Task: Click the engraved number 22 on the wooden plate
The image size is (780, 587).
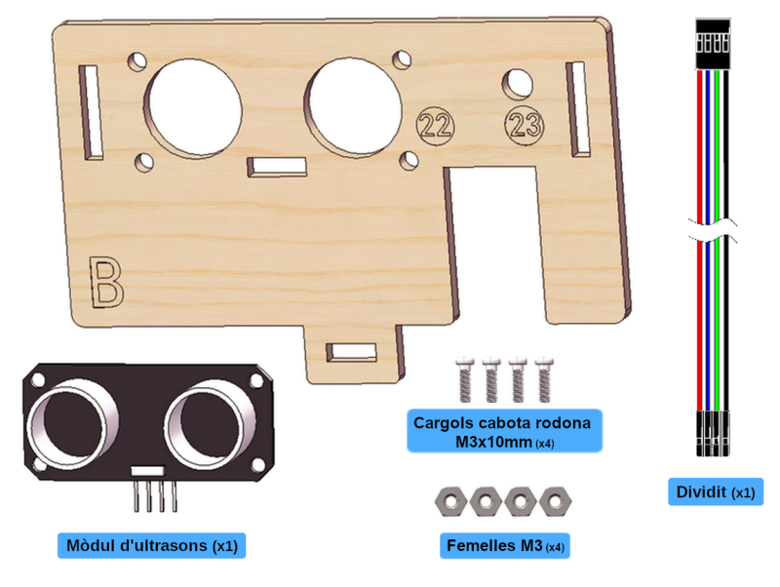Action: (436, 126)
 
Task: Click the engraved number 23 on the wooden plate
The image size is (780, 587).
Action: (525, 124)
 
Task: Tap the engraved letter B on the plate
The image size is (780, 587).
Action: (105, 282)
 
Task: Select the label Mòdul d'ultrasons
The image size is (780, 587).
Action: (152, 546)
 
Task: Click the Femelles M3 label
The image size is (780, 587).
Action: (505, 546)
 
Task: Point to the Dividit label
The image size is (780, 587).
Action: (716, 492)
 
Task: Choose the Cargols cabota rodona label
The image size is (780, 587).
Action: (504, 431)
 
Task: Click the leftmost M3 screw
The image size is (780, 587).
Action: (465, 379)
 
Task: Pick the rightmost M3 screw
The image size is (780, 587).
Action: (544, 379)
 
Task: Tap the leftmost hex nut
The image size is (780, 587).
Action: (450, 501)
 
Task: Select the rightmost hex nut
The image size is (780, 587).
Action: (556, 501)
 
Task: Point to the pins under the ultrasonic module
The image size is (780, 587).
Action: (155, 496)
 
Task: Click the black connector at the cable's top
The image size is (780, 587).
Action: (713, 44)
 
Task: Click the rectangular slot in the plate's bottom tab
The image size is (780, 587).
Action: (351, 352)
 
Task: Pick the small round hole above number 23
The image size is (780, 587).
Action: (518, 84)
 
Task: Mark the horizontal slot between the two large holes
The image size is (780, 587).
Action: (277, 167)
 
